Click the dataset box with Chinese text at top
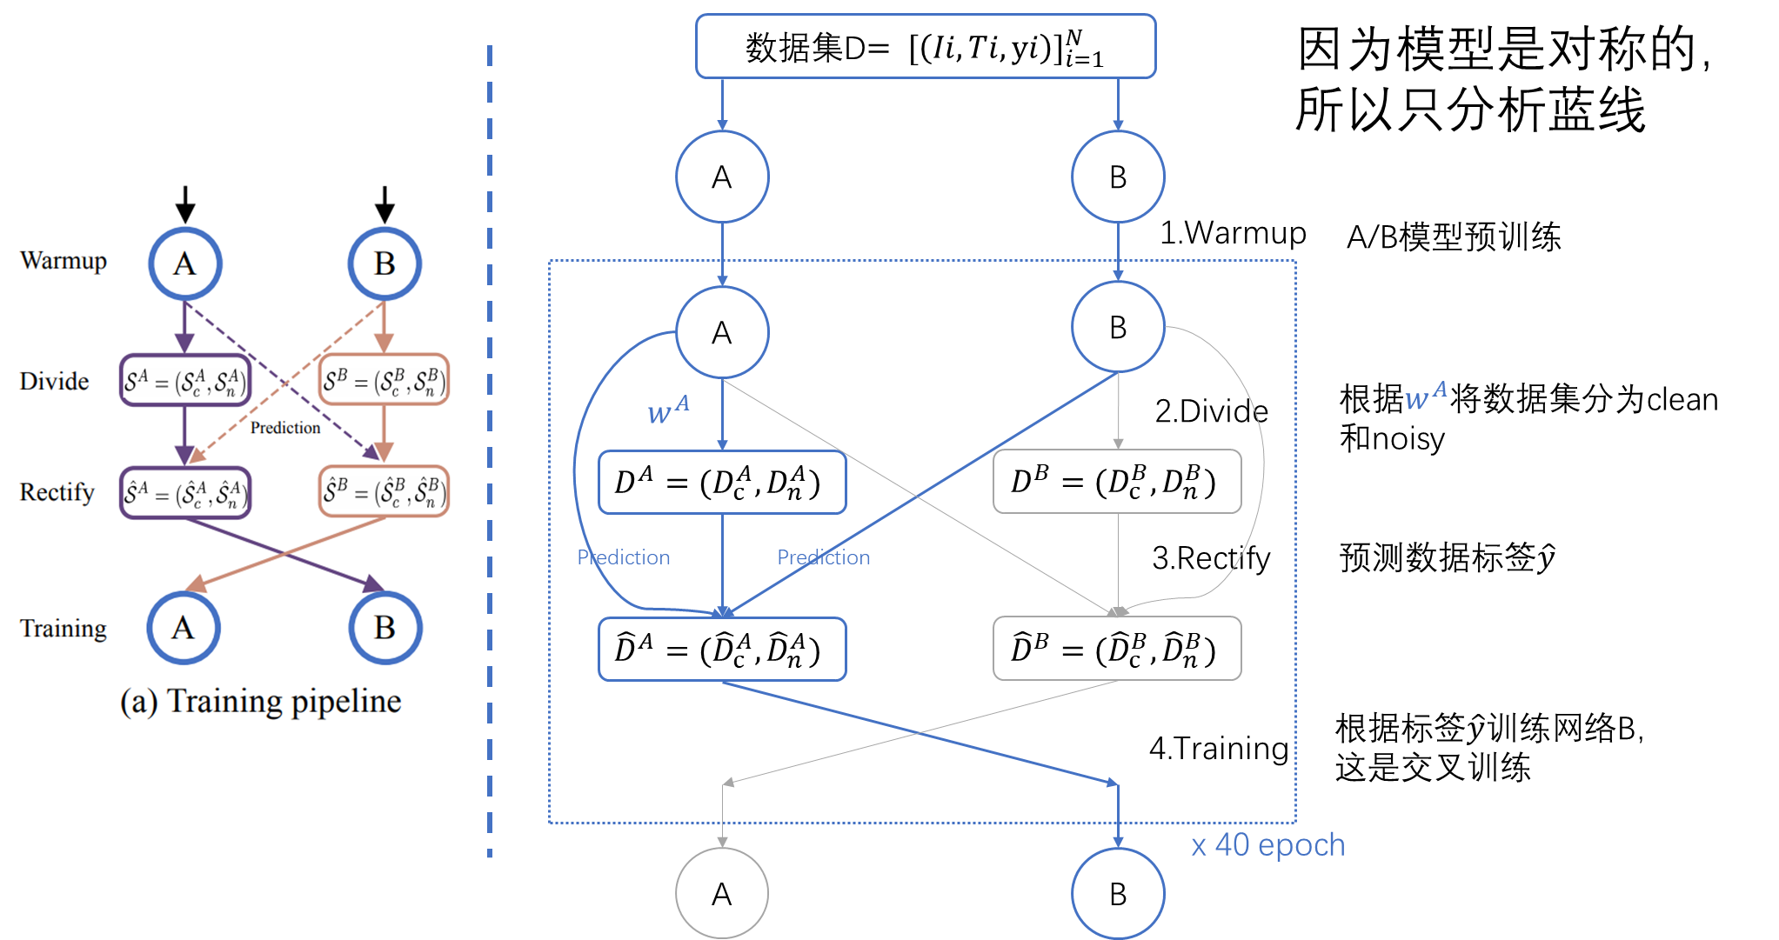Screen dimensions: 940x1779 point(925,47)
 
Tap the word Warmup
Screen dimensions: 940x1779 point(64,261)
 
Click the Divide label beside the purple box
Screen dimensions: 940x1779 point(54,381)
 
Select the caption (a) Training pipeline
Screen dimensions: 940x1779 point(260,701)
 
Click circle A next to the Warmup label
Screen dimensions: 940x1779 point(184,263)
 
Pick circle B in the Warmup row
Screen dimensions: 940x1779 point(385,263)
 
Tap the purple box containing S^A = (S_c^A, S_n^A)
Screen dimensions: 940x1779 point(185,381)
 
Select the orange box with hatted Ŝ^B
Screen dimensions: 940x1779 point(384,492)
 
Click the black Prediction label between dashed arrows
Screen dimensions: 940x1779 point(285,428)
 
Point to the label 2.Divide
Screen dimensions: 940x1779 point(1211,411)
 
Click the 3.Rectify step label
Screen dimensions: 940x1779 point(1211,558)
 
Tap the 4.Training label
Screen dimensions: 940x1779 point(1218,749)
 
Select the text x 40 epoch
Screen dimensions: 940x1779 point(1267,845)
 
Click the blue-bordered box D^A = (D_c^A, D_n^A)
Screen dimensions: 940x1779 point(722,482)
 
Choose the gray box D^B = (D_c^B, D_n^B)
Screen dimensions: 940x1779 point(1117,482)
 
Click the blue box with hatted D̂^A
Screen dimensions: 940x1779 point(722,649)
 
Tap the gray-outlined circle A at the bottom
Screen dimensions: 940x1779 point(722,894)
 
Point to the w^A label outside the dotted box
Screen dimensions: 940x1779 point(1426,396)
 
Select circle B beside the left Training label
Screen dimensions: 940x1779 point(385,628)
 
